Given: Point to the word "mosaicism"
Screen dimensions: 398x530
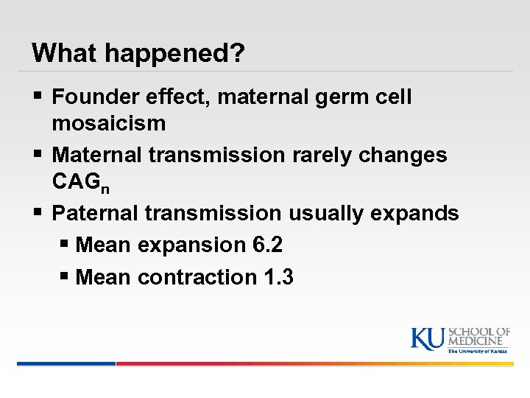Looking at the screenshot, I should pyautogui.click(x=109, y=123).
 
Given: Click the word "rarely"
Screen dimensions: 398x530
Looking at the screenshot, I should pyautogui.click(x=308, y=156).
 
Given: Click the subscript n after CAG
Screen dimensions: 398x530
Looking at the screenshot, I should pyautogui.click(x=105, y=187).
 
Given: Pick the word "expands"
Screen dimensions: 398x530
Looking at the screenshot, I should pyautogui.click(x=417, y=214).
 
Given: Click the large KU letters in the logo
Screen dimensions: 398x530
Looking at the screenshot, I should pyautogui.click(x=428, y=338).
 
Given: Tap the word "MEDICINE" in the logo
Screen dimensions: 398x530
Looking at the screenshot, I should pyautogui.click(x=478, y=341).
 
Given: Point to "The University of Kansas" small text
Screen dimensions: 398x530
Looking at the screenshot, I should pyautogui.click(x=478, y=352).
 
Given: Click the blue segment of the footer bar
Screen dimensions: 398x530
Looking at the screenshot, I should pyautogui.click(x=66, y=363).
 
